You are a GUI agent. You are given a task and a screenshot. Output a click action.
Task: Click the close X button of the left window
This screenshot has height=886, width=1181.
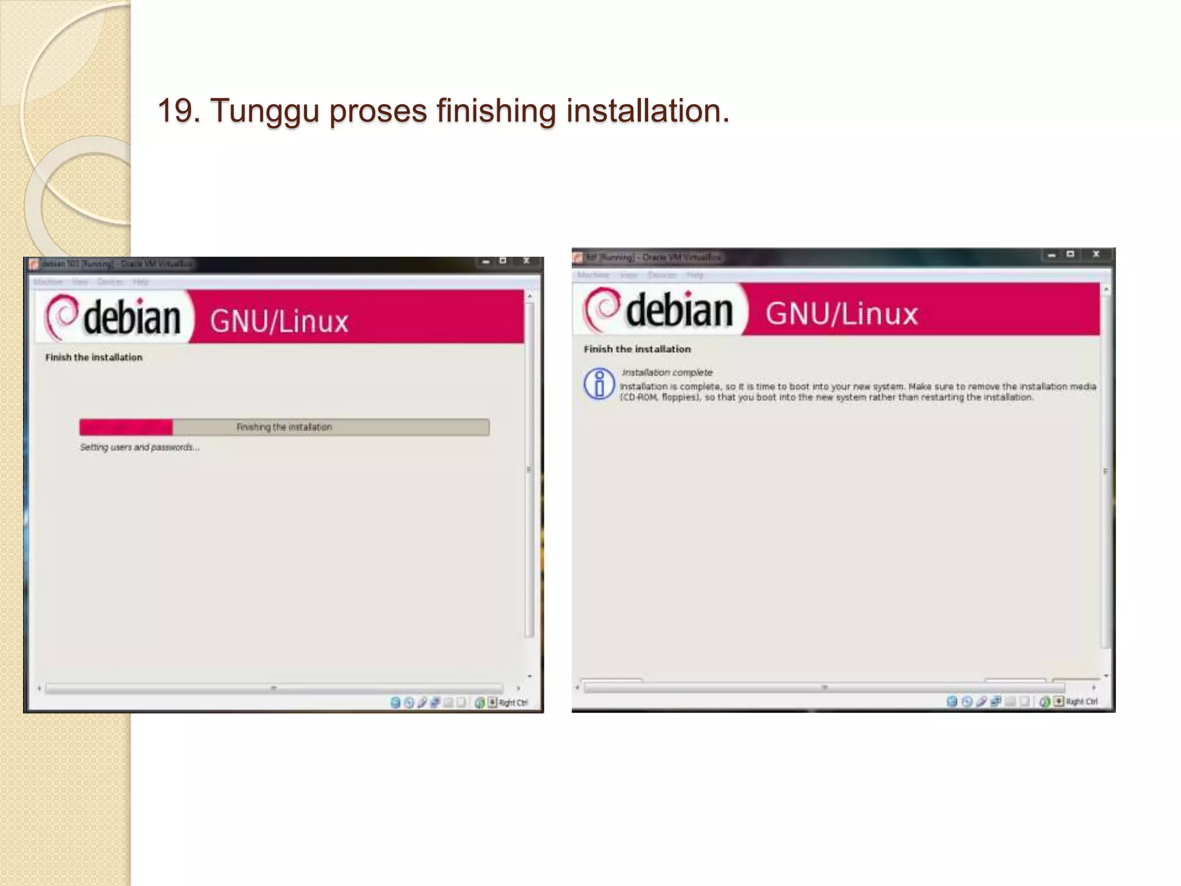tap(526, 261)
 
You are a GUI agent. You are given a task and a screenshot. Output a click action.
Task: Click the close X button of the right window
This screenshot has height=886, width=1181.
tap(1096, 254)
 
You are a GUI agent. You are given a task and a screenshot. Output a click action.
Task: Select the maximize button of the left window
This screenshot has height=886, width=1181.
tap(503, 261)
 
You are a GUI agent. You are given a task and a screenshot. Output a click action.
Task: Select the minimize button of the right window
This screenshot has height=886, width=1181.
tap(1052, 254)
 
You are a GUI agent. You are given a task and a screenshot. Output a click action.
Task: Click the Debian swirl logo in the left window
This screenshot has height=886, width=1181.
tap(62, 317)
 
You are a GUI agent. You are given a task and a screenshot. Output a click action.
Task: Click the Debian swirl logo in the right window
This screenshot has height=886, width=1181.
tap(601, 309)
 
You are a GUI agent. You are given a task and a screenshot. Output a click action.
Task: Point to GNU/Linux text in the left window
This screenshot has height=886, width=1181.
tap(279, 321)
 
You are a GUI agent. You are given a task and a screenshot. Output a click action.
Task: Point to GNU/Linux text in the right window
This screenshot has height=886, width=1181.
tap(841, 314)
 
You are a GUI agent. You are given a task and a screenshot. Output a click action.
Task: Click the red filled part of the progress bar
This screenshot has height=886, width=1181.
tap(126, 427)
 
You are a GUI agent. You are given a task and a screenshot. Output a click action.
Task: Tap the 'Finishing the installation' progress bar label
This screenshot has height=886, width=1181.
tap(284, 427)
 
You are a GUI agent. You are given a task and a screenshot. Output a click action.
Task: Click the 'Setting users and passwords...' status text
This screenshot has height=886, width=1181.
tap(140, 447)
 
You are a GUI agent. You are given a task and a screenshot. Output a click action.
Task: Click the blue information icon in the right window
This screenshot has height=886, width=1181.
tap(599, 384)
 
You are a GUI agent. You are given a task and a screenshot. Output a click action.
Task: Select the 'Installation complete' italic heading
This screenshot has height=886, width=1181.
tap(667, 373)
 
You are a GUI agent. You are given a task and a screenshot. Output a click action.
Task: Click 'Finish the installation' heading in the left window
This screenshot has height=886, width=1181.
tap(94, 358)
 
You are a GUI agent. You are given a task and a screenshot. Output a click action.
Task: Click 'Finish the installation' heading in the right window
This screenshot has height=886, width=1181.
tap(637, 349)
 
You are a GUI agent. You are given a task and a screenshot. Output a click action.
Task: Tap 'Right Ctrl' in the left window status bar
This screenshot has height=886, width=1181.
tap(513, 703)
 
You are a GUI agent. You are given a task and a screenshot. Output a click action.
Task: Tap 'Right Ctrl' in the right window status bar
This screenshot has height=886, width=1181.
tap(1081, 701)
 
